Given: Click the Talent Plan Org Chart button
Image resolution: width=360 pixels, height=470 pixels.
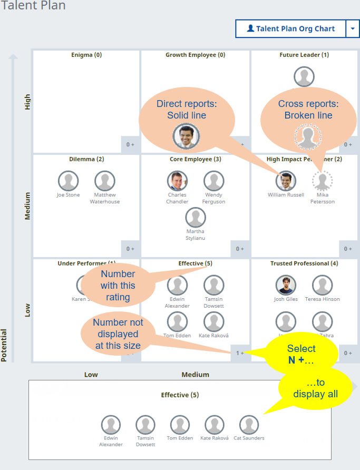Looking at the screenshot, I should point(290,29).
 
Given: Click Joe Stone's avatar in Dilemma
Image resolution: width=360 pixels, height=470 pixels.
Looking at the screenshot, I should point(69,181).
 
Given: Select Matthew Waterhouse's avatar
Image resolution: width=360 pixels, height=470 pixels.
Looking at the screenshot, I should point(104,181).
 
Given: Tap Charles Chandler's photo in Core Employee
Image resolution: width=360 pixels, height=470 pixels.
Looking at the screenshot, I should point(177,181).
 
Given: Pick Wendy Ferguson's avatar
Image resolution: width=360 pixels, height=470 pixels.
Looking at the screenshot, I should point(213,181).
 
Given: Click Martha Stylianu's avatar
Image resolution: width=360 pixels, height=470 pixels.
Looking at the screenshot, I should point(196,217).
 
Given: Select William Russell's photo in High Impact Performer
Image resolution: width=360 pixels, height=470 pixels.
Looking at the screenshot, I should point(286,181).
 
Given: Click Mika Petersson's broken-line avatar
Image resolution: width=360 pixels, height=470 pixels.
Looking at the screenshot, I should point(322,181).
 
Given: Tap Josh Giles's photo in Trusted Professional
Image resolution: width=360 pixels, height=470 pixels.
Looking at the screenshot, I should point(286,285).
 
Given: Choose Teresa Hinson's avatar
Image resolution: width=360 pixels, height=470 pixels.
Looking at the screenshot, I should point(322,285).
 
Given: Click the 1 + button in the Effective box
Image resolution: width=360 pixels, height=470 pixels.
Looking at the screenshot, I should point(240,353).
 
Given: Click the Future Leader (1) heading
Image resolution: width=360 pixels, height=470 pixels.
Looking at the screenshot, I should point(304,55).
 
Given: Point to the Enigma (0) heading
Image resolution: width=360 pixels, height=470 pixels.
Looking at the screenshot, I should point(86,55).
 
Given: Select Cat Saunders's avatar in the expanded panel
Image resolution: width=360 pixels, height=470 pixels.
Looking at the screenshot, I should point(249,425).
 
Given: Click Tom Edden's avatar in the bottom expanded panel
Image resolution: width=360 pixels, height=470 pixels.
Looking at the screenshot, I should point(179,425).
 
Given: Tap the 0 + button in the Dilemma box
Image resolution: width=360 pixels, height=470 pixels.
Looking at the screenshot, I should point(130,249).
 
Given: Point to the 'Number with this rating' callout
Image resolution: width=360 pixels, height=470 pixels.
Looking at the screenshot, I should point(118,285).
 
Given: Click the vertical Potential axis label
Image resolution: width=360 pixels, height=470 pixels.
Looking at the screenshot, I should point(4,345).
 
